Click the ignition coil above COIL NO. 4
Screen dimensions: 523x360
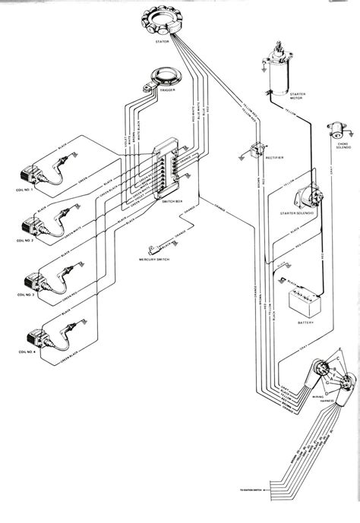35,335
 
